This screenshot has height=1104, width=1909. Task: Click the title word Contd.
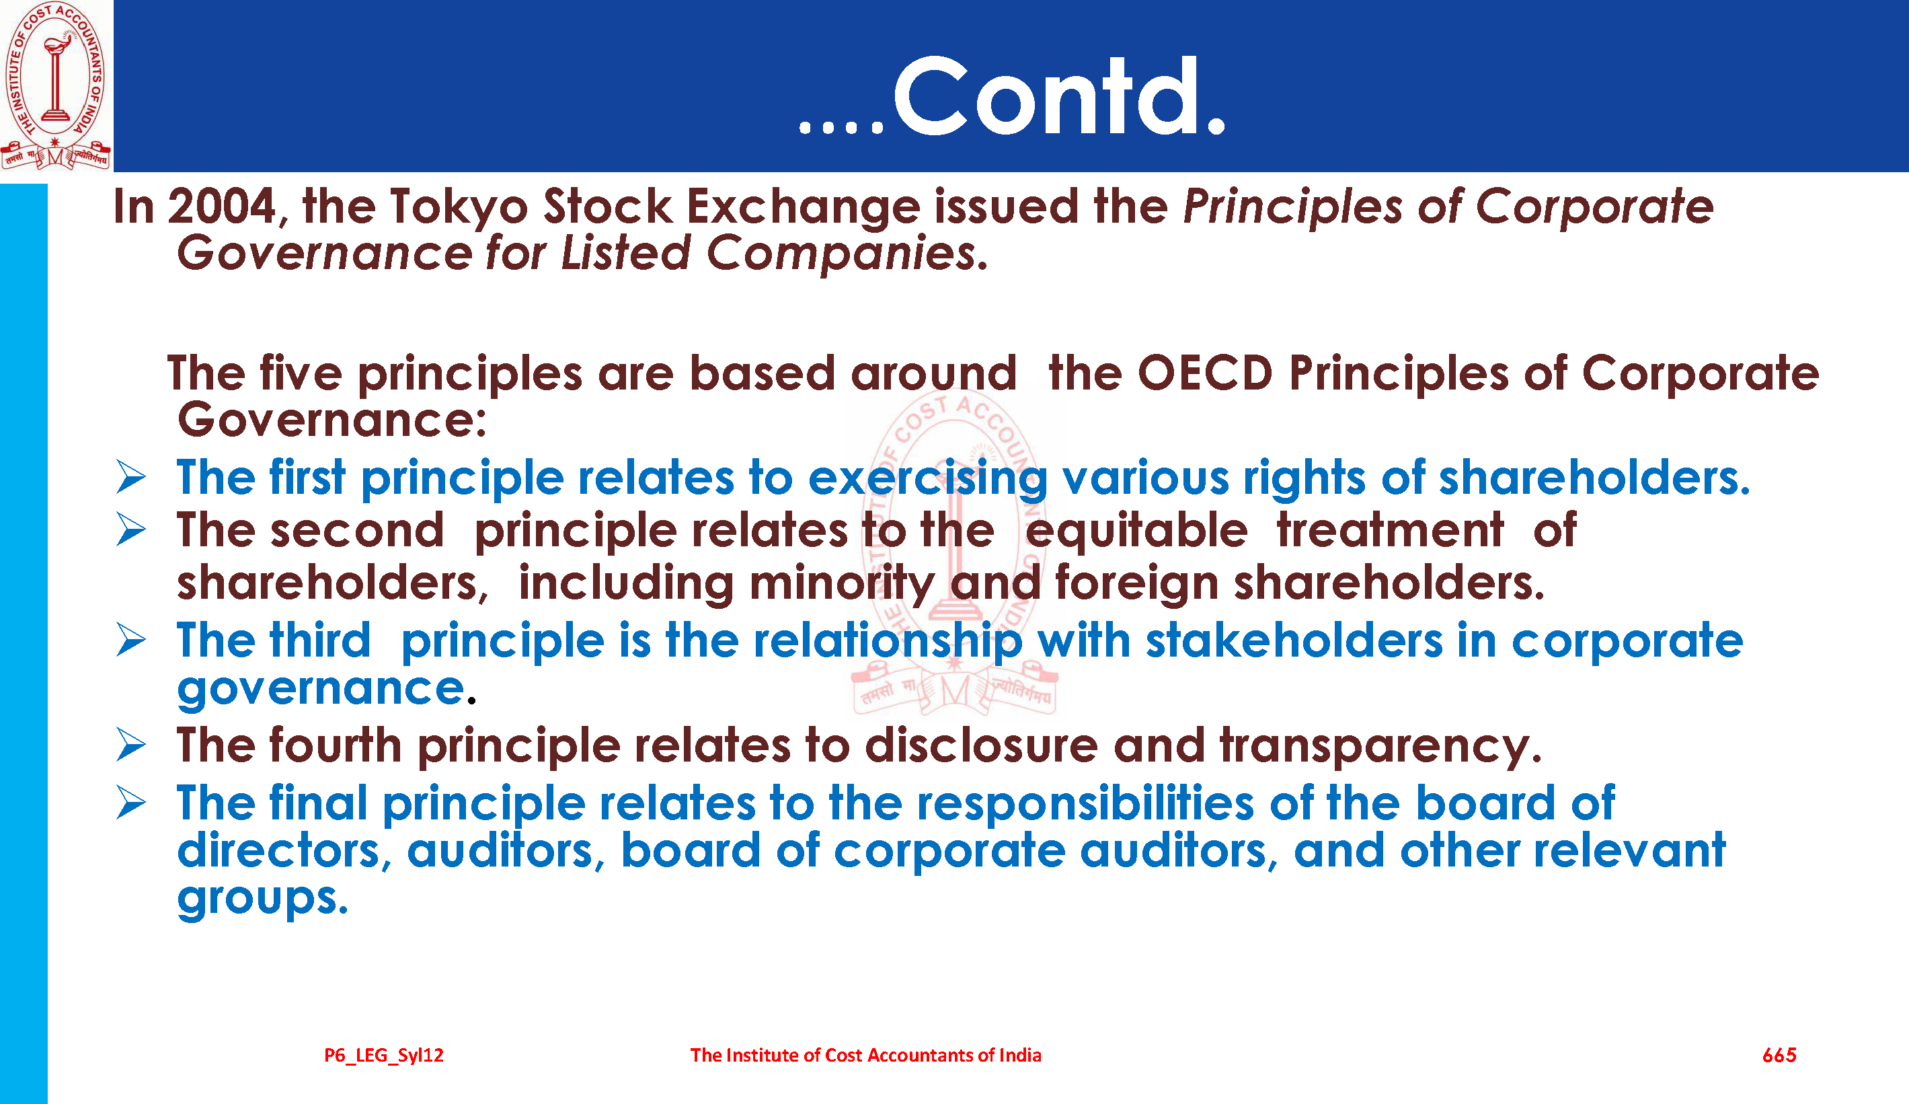point(1059,97)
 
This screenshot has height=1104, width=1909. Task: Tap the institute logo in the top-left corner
point(55,85)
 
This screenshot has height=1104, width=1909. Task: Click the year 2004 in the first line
point(221,206)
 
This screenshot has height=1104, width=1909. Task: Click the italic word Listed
point(625,253)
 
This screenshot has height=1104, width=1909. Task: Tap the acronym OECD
point(1204,373)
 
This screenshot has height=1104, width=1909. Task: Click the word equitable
point(1136,529)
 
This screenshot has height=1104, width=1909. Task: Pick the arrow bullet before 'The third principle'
point(131,640)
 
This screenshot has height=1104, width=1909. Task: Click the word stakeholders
point(1294,641)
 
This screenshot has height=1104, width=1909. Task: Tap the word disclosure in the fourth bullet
point(981,745)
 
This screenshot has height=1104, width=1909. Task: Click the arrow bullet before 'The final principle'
point(131,803)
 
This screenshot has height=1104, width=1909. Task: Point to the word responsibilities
point(1085,804)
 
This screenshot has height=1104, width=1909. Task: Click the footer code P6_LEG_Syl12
point(384,1056)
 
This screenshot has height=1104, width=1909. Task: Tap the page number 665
point(1779,1056)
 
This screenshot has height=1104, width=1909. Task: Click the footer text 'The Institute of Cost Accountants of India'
point(865,1056)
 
